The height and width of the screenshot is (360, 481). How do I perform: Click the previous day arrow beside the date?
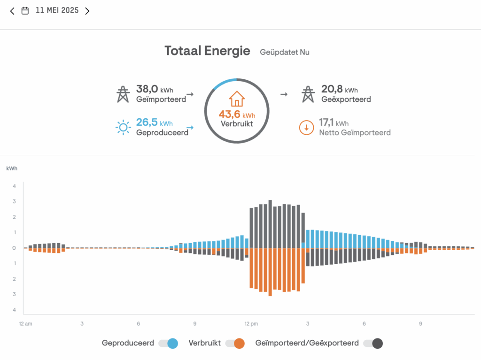12,11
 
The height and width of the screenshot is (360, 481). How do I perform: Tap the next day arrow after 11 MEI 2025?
87,11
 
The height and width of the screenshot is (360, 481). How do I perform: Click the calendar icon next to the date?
25,11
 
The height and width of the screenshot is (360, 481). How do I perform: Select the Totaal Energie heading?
207,51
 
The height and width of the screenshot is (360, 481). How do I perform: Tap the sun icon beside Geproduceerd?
123,127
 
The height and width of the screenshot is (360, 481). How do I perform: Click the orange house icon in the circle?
237,99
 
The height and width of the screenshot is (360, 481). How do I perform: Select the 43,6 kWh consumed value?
237,115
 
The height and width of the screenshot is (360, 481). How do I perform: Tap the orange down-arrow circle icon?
306,128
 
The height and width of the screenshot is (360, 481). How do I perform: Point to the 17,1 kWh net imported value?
334,123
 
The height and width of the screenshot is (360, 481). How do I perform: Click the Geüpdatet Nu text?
285,52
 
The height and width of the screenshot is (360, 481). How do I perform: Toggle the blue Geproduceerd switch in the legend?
168,343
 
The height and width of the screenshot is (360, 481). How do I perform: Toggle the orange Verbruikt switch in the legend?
235,343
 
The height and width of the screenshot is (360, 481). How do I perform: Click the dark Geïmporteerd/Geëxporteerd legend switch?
372,343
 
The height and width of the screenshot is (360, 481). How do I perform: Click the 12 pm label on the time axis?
251,324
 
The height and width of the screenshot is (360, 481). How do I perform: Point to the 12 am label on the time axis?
25,324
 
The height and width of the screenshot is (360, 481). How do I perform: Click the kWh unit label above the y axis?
12,168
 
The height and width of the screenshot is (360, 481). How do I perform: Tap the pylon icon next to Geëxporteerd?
308,94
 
